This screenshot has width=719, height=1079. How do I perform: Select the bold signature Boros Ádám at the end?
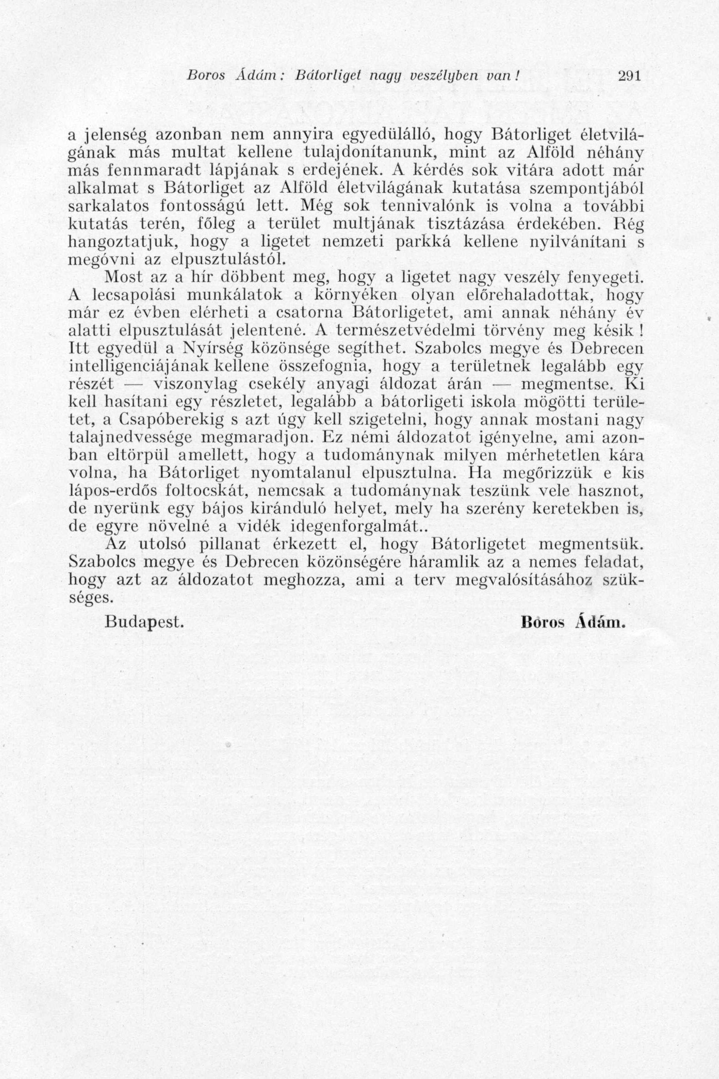(574, 622)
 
